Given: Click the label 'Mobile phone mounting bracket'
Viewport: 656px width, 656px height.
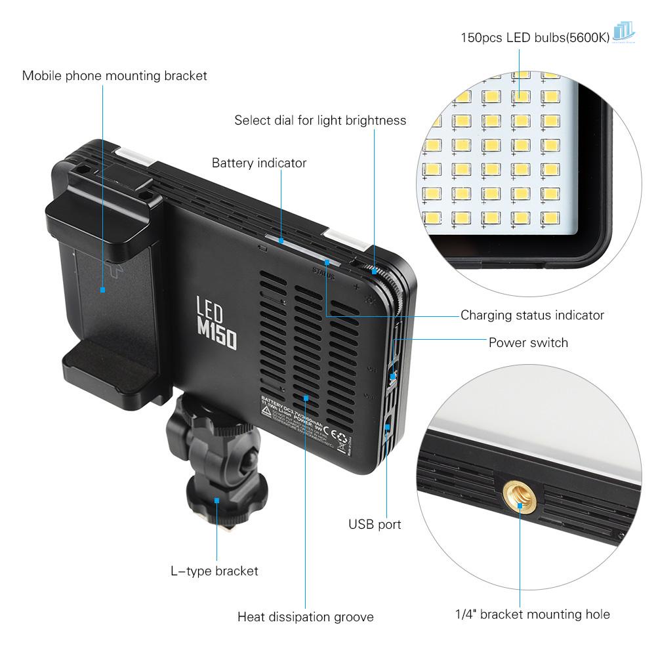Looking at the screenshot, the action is click(114, 75).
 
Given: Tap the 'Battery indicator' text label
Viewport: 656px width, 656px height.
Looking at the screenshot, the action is click(258, 163).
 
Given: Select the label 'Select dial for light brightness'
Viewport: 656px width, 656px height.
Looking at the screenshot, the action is click(320, 120).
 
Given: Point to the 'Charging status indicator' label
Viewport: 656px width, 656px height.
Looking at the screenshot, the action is click(532, 315).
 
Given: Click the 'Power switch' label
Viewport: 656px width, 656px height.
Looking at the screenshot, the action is click(528, 342).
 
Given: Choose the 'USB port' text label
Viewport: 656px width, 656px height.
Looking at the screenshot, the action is click(375, 524).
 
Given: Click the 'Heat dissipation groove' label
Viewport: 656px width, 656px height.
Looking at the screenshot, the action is click(305, 617).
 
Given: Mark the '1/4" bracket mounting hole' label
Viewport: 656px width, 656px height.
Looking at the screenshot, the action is click(532, 615).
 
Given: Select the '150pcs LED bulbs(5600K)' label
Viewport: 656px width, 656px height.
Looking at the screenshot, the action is click(535, 37).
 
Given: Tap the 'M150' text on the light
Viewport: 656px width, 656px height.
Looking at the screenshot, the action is click(217, 333).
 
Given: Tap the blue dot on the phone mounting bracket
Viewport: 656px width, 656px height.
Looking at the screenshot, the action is click(102, 289).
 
